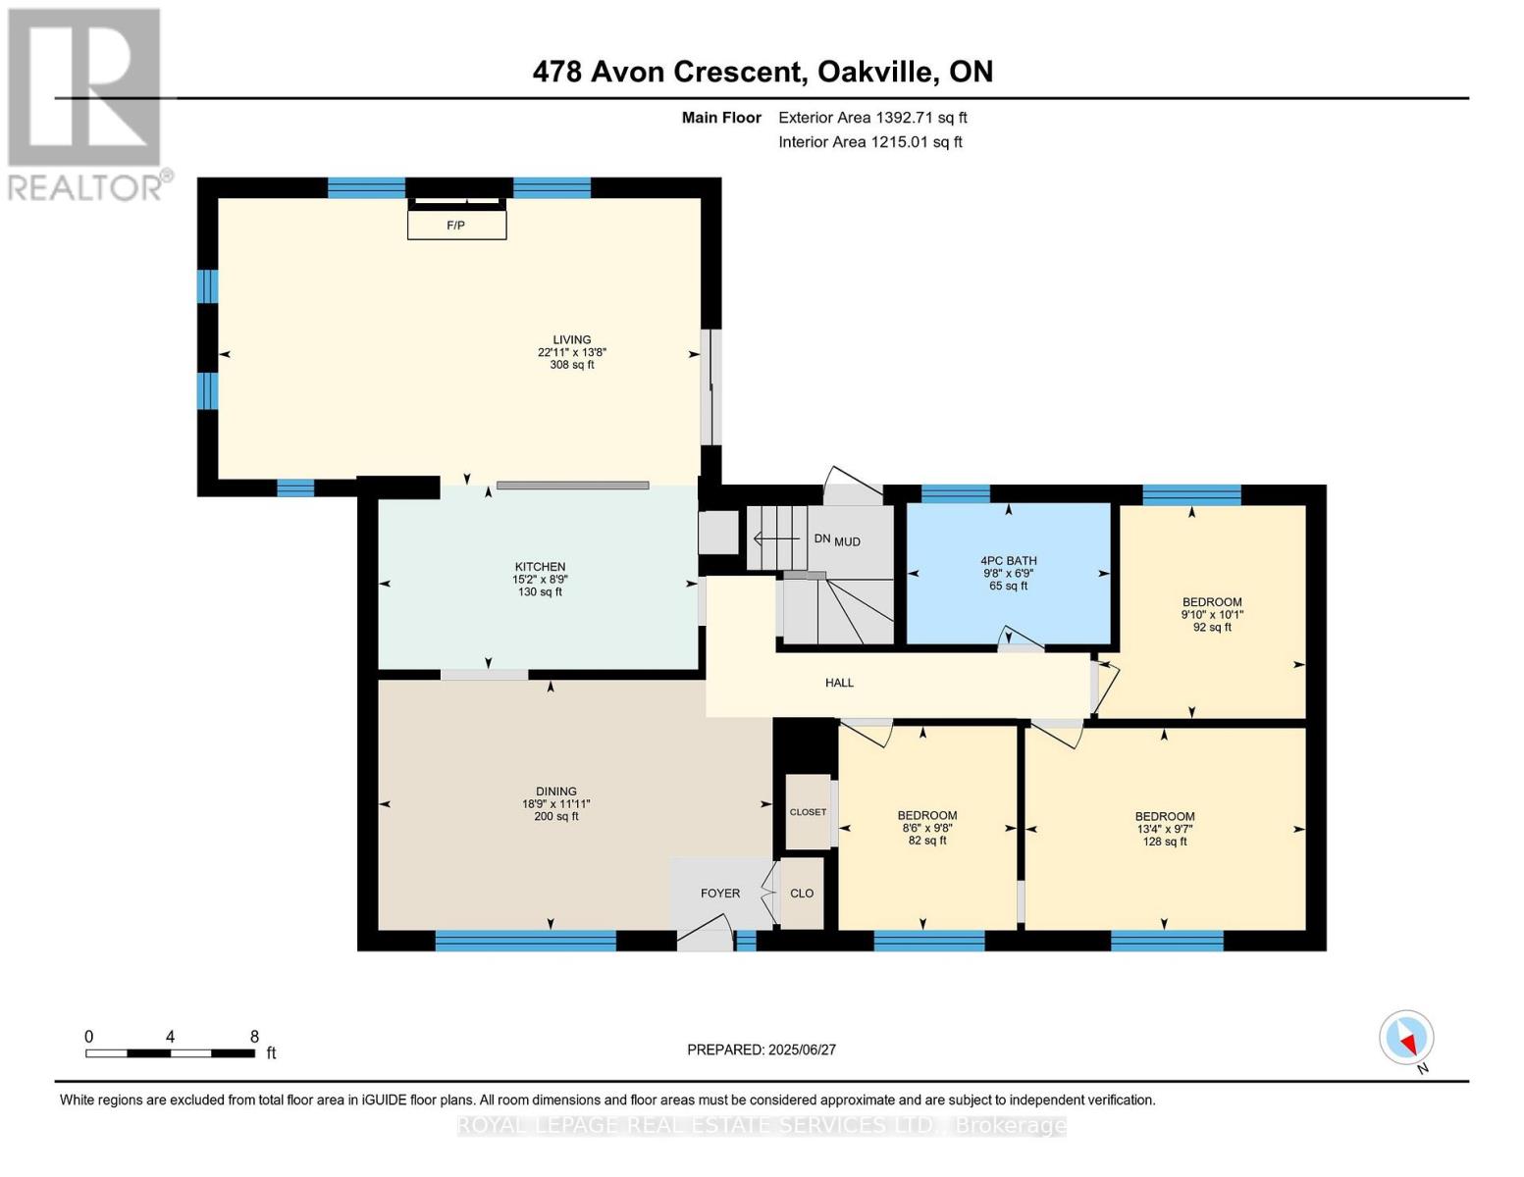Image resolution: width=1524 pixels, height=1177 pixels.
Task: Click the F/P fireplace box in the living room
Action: (456, 225)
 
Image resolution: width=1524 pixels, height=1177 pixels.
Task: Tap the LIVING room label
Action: (571, 339)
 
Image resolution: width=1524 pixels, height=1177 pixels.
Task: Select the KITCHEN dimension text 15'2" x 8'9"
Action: (540, 579)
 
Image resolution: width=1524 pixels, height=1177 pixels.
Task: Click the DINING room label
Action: (555, 791)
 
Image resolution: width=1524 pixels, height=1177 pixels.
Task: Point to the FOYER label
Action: (719, 893)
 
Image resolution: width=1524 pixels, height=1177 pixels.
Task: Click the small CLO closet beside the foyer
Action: (802, 893)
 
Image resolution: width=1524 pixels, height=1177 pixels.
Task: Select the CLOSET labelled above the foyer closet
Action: (808, 812)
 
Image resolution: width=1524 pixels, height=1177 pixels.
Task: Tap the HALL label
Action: (839, 683)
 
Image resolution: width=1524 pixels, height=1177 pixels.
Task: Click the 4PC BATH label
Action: (1008, 561)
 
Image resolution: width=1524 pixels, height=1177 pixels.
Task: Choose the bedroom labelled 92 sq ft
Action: (1212, 614)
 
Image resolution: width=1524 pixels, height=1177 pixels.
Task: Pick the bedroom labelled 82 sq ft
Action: (927, 828)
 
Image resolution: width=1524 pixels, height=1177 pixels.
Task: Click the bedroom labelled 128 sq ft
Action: (1165, 828)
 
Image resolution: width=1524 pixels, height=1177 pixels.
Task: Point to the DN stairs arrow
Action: (775, 538)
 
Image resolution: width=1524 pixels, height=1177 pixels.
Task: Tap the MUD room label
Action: (848, 541)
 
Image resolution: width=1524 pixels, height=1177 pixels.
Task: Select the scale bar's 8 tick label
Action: (254, 1037)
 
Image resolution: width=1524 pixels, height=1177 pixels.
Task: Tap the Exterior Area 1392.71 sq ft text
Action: (872, 118)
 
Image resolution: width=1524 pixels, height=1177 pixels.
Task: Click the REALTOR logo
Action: (85, 103)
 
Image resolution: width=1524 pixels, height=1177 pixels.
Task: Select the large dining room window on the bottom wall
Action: (525, 941)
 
